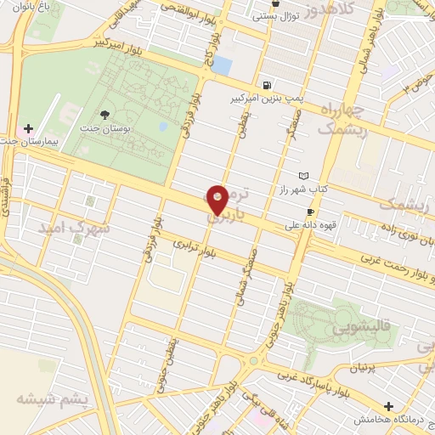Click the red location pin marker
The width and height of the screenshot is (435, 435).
click(x=218, y=200)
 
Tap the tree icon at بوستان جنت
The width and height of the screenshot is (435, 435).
click(x=105, y=115)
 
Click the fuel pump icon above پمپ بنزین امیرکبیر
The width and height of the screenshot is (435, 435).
click(x=268, y=85)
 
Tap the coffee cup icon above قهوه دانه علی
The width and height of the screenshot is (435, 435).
click(x=310, y=212)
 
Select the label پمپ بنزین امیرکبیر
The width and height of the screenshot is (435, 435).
click(x=254, y=99)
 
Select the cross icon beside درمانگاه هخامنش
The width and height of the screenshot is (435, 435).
click(x=388, y=406)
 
